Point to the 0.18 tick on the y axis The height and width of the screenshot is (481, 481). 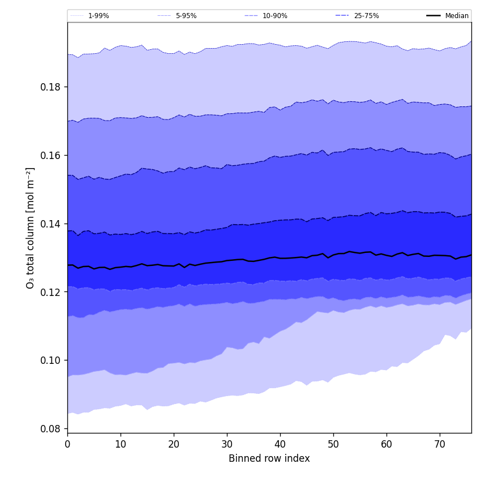(x=51, y=87)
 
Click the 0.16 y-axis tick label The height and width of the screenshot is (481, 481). (x=51, y=156)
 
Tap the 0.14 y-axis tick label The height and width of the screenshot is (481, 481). (x=51, y=224)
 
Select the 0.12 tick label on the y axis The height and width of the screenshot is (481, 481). (x=51, y=292)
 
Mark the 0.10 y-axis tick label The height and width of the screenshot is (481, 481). (x=51, y=360)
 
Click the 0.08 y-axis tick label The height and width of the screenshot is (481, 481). (x=51, y=429)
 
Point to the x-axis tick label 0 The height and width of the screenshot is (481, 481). (x=67, y=444)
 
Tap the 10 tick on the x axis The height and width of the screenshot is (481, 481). (x=121, y=444)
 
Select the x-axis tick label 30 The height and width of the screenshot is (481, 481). (x=227, y=444)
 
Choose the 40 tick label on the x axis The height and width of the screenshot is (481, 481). (x=280, y=444)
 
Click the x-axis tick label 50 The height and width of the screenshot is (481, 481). (x=333, y=444)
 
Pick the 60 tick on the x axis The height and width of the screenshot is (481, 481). (x=386, y=444)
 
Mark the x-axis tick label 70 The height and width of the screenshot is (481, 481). (x=440, y=444)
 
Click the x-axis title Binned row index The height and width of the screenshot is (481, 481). (x=269, y=459)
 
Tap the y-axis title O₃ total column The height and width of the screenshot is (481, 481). (x=31, y=227)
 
